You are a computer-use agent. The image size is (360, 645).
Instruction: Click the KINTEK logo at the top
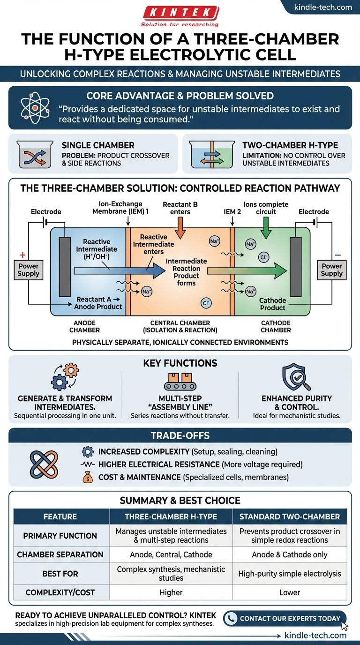[x=180, y=12]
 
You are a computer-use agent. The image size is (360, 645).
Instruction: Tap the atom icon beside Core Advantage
[x=35, y=107]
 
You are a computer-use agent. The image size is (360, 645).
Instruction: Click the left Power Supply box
[x=29, y=270]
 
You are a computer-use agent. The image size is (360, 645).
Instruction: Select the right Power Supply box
[x=331, y=270]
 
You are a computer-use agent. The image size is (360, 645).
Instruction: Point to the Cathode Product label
[x=272, y=304]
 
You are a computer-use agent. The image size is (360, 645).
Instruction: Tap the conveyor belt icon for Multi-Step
[x=180, y=380]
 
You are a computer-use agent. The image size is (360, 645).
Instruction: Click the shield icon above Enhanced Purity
[x=295, y=378]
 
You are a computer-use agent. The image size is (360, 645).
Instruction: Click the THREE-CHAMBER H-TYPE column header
[x=171, y=517]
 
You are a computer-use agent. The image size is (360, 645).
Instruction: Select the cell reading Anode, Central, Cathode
[x=171, y=555]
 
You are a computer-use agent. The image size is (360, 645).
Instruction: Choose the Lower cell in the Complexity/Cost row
[x=289, y=592]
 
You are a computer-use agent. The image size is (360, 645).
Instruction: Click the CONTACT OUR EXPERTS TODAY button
[x=285, y=618]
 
